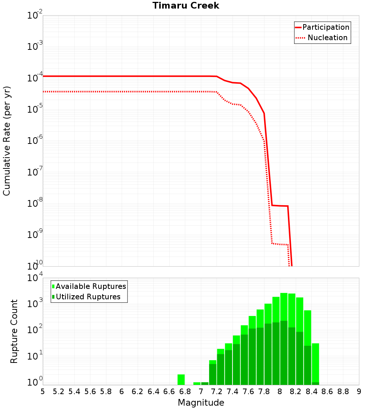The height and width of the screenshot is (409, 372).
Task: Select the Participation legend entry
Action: [x=325, y=28]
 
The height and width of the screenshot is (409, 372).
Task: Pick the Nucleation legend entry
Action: [x=327, y=38]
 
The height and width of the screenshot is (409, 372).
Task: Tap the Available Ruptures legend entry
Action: [x=91, y=286]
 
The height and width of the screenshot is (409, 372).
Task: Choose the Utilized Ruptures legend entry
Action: [x=88, y=297]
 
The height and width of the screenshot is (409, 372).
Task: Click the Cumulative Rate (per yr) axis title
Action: [x=7, y=141]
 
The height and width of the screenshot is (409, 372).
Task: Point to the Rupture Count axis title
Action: [x=14, y=331]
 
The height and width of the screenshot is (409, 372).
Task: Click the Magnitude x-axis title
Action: [x=201, y=403]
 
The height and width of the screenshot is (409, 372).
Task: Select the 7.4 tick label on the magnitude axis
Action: [x=232, y=392]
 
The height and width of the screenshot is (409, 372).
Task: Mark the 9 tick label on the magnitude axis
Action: [x=359, y=392]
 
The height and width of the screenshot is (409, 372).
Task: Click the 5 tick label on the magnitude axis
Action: [x=43, y=392]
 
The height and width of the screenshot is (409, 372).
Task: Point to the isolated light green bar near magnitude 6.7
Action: [x=181, y=380]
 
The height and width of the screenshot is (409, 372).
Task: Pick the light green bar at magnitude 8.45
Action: [x=315, y=363]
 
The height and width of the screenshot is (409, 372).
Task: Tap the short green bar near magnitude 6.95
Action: [x=197, y=383]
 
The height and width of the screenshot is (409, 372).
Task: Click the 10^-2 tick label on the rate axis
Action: [x=35, y=16]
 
